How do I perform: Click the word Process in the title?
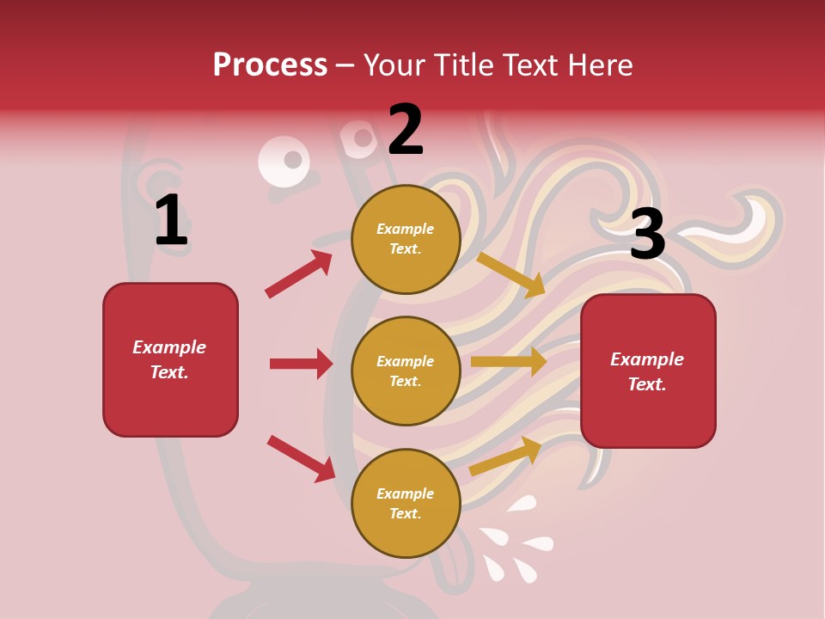[270, 65]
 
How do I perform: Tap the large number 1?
[171, 221]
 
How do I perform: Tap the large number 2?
[406, 130]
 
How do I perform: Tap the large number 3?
[647, 234]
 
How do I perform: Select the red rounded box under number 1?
[170, 404]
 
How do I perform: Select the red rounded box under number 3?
[648, 417]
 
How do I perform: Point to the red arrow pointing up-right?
[299, 273]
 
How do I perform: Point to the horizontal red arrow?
[301, 364]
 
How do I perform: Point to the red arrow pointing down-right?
[301, 458]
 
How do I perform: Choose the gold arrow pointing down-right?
[511, 274]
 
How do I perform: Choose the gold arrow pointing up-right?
[505, 456]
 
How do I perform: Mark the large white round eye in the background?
[284, 162]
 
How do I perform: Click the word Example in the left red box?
[169, 347]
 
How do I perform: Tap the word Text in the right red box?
[646, 384]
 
